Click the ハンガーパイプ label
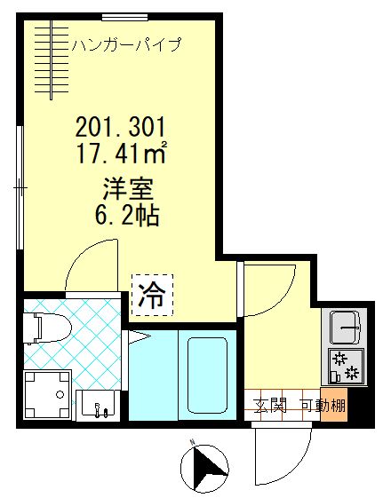127,43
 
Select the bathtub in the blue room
208,372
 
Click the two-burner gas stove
344,366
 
